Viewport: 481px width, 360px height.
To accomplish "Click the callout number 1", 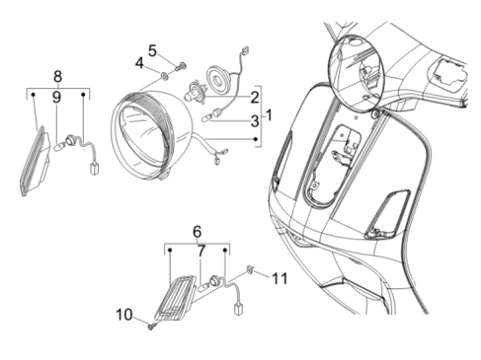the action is tap(268, 115).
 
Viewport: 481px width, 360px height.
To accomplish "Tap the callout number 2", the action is tap(254, 98).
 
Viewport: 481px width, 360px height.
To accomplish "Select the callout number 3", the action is tap(254, 121).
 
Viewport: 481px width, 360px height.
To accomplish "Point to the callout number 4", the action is tap(140, 64).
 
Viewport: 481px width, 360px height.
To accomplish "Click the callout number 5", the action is tap(152, 51).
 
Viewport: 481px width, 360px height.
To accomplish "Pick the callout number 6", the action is tap(198, 232).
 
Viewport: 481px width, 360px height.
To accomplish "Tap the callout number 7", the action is tap(201, 252).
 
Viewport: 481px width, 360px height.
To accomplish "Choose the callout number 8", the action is tap(58, 77).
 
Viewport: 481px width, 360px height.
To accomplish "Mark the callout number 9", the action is tap(57, 98).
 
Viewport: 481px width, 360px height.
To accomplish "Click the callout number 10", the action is tap(124, 315).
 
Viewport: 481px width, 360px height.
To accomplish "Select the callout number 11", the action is tap(280, 279).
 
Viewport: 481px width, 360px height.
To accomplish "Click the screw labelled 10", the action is tap(152, 327).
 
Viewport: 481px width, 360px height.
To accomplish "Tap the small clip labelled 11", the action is tap(250, 269).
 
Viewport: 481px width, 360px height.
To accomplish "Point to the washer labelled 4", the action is tap(164, 75).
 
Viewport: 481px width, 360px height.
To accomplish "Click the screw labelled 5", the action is tap(181, 66).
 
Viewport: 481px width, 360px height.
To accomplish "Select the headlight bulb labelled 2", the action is tap(192, 90).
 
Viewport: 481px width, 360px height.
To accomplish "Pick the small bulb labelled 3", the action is tap(207, 118).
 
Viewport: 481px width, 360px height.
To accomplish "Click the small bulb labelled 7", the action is tap(204, 287).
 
